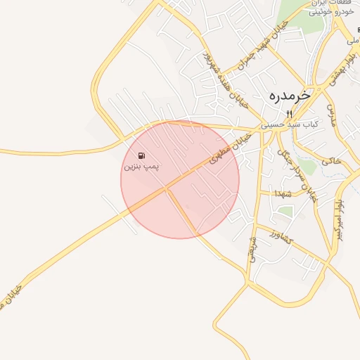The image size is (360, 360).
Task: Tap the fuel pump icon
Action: [x=142, y=155]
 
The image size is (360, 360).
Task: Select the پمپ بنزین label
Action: [x=142, y=167]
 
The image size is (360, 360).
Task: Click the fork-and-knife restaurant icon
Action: [x=288, y=114]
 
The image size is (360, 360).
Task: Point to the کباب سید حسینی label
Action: [x=290, y=124]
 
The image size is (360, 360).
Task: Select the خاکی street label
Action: [x=330, y=161]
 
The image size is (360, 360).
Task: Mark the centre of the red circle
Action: [x=180, y=180]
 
